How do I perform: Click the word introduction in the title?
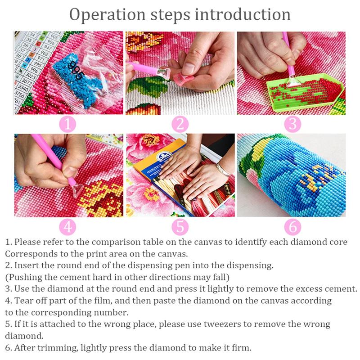pos(243,14)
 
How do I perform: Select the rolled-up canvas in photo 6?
pos(292,175)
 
